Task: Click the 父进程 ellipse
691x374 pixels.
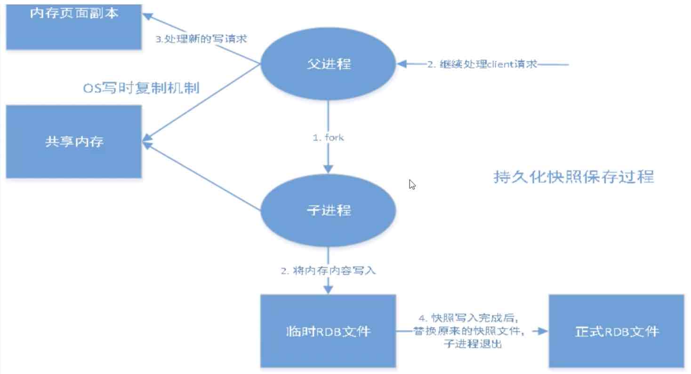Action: pos(328,64)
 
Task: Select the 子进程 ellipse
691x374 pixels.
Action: pos(328,210)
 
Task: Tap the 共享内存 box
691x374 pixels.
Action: pos(74,141)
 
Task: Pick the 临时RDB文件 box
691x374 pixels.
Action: pos(328,331)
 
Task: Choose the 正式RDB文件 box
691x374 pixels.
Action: pos(616,331)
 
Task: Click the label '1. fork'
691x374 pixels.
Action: pos(328,137)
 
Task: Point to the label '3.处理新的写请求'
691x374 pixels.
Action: pos(201,39)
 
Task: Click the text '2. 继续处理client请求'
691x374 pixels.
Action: pos(482,64)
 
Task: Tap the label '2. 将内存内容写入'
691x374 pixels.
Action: pos(328,271)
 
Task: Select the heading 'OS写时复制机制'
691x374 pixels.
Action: pos(141,88)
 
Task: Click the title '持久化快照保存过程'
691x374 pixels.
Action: pos(573,177)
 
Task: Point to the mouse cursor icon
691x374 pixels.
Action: pos(412,185)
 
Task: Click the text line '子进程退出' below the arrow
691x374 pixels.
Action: pos(473,343)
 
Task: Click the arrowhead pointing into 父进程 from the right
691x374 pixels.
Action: pos(402,64)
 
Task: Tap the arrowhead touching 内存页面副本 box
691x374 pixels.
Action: pos(147,16)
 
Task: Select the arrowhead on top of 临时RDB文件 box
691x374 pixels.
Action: pos(328,289)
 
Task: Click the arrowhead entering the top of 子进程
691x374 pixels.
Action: pos(328,169)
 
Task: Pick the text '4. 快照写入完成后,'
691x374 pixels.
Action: pos(468,318)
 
